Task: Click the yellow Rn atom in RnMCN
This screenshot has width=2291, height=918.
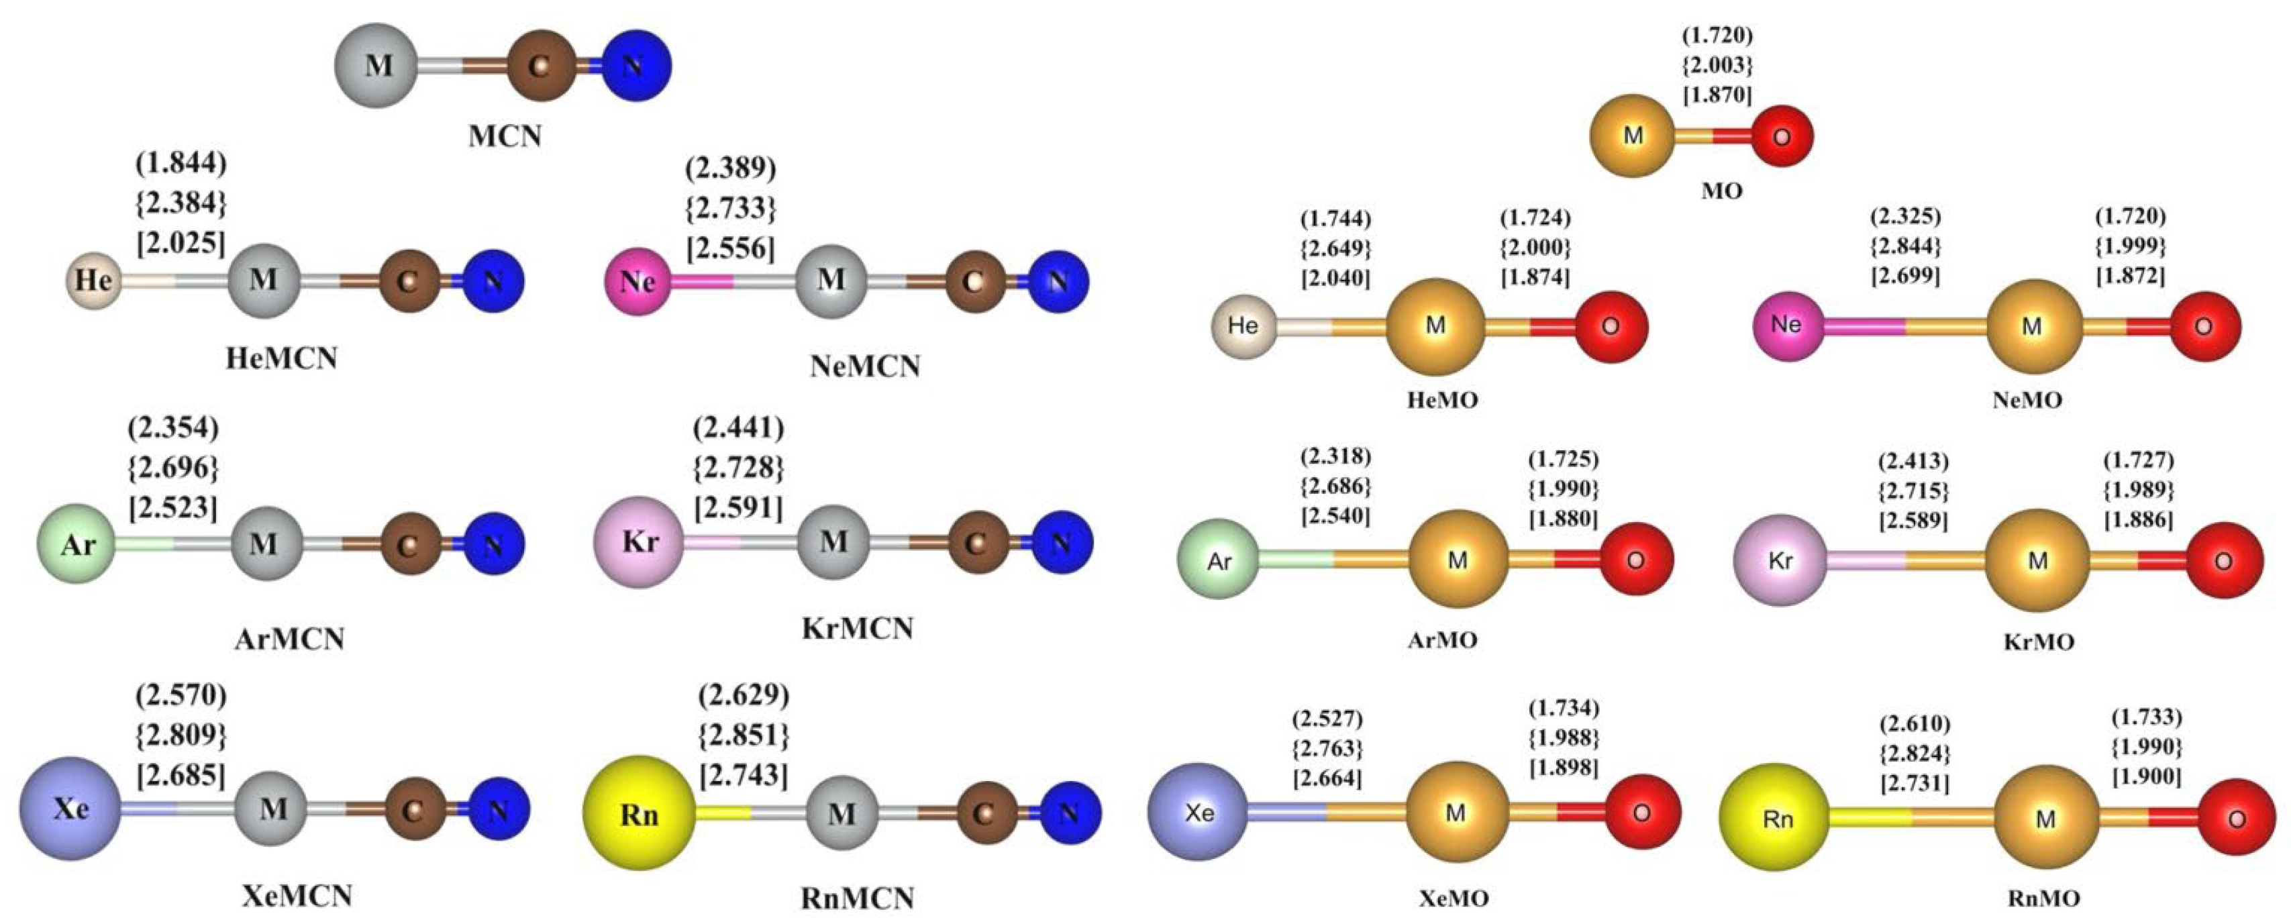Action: [x=639, y=813]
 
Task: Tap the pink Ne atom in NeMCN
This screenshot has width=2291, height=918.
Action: [x=637, y=282]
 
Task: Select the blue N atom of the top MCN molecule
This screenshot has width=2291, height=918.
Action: [x=634, y=65]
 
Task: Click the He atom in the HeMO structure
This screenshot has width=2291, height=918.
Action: [x=1242, y=325]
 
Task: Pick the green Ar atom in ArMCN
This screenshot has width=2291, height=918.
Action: [x=77, y=544]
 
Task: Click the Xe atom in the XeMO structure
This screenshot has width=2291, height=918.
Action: [x=1199, y=814]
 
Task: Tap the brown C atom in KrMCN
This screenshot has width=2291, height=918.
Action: [x=976, y=542]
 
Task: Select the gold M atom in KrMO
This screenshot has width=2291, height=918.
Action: [x=2037, y=561]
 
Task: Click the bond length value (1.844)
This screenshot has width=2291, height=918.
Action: [x=181, y=164]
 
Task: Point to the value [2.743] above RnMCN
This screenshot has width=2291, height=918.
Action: [x=743, y=775]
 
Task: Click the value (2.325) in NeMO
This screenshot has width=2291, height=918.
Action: [x=1905, y=216]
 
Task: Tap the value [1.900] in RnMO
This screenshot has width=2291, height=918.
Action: [x=2146, y=776]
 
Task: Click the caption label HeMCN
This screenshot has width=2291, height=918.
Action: [x=282, y=358]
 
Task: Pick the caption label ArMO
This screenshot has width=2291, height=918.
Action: [x=1443, y=640]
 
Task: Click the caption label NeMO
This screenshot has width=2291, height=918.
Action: [x=2027, y=401]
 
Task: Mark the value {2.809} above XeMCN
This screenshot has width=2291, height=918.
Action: [x=181, y=735]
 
